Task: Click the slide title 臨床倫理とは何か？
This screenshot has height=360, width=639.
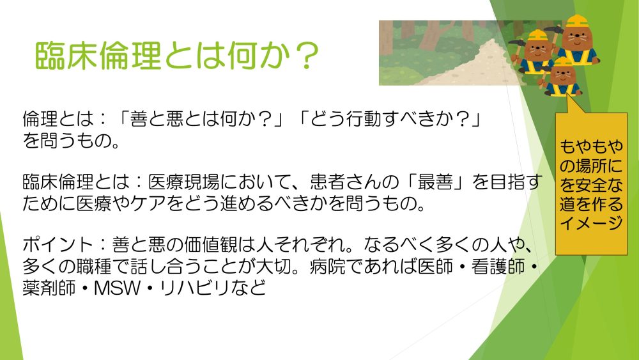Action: click(x=176, y=56)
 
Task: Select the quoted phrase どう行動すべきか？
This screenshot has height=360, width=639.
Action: click(x=388, y=119)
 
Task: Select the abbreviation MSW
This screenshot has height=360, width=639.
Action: click(x=118, y=288)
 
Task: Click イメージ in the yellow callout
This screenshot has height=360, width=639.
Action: click(x=591, y=223)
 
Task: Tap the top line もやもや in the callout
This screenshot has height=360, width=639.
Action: click(x=591, y=146)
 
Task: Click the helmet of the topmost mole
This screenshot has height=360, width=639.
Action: click(x=577, y=21)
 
